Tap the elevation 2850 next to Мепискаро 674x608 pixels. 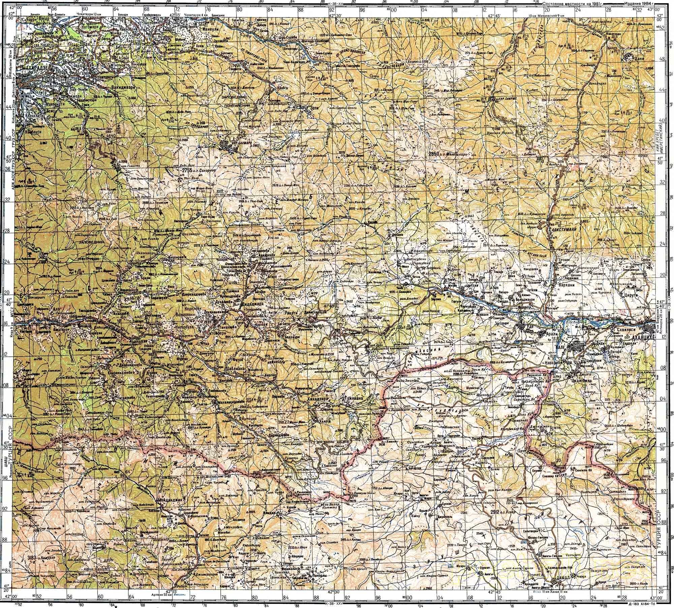click(435, 154)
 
